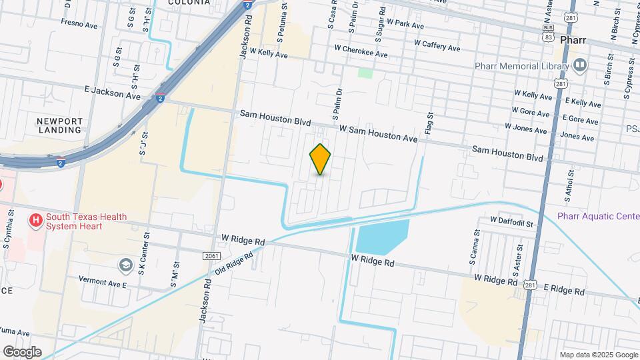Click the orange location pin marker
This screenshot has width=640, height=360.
321,159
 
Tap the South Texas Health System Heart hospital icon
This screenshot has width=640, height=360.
36,219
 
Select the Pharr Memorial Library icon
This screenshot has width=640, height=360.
579,65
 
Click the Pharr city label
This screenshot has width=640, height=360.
573,40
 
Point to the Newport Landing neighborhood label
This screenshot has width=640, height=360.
60,125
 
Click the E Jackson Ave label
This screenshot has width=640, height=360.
113,92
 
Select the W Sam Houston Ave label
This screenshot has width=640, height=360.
378,133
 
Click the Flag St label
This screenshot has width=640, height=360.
430,125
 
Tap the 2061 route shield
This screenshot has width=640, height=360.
211,255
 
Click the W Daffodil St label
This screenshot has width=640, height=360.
511,220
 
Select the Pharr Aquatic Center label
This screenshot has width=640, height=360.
598,215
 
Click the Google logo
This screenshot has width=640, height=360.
21,352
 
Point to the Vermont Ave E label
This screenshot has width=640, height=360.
103,281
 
